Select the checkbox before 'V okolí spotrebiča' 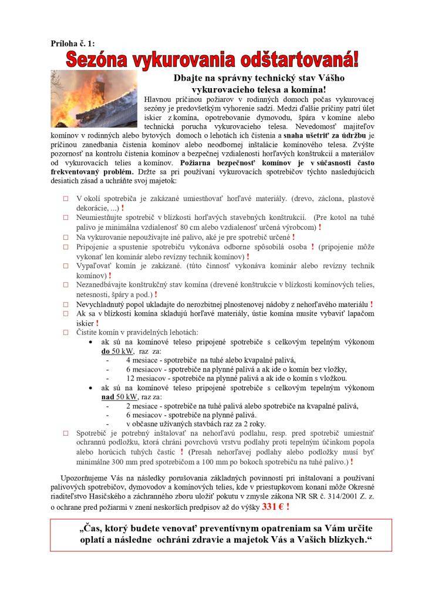(x=66, y=199)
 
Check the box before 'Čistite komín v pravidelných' (x=66, y=332)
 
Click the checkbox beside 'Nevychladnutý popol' (x=66, y=305)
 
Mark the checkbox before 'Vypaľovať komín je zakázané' (x=66, y=265)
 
